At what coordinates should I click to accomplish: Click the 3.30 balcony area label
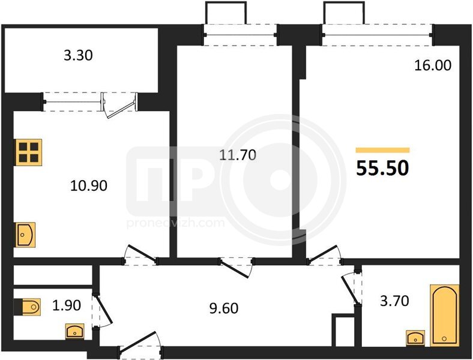point(78,55)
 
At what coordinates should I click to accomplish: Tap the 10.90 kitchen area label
point(89,186)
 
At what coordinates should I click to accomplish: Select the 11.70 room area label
point(238,155)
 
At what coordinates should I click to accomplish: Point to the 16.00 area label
point(433,65)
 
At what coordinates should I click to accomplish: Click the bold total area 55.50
point(382,168)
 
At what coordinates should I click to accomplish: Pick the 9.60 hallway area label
point(224,308)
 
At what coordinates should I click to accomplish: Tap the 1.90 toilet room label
point(67,305)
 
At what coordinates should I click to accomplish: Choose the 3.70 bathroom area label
point(394,301)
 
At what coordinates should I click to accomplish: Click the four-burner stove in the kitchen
point(29,152)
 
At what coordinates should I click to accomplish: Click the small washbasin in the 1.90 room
point(75,331)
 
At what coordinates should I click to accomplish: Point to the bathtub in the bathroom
point(444,315)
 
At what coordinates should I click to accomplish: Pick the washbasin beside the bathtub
point(415,338)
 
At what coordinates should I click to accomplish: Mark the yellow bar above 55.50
point(382,150)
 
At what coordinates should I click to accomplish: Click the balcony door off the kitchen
point(120,106)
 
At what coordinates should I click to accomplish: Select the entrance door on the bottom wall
point(140,343)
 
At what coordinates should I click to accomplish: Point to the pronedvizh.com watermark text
point(175,223)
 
